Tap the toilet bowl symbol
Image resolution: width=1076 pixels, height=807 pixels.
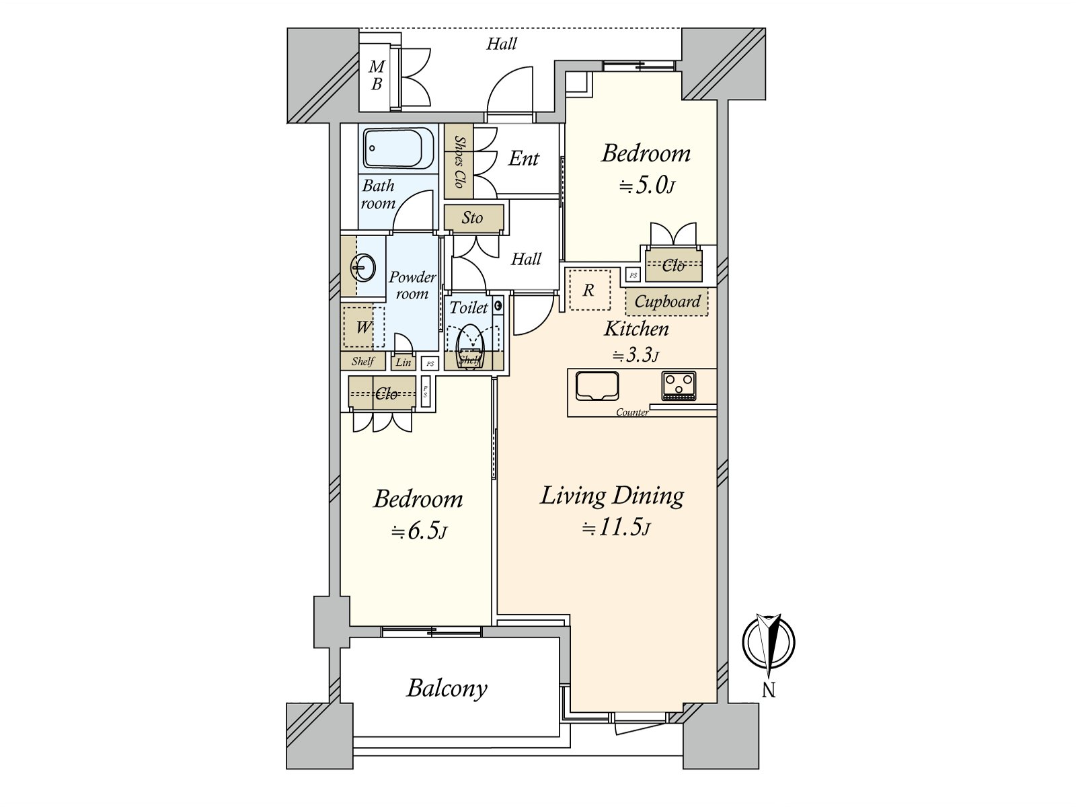(471, 346)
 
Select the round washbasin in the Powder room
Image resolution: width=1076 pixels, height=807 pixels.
(362, 268)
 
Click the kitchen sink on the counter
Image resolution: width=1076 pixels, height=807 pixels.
(597, 385)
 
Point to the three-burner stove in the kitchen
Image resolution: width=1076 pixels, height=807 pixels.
(679, 385)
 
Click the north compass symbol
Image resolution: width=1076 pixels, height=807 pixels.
(768, 642)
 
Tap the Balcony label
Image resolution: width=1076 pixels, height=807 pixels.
(447, 689)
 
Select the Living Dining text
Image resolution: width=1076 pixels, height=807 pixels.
(612, 496)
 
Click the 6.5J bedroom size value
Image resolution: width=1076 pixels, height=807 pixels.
(419, 531)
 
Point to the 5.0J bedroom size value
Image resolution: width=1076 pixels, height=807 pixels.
(647, 186)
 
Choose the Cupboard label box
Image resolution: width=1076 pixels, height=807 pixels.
(666, 301)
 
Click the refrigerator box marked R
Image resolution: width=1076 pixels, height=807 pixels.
(588, 290)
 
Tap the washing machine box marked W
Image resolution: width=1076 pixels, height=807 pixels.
(363, 326)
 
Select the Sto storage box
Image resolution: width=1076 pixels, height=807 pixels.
(473, 217)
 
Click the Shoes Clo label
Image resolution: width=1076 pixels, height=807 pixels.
(459, 161)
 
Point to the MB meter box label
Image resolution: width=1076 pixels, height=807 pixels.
(377, 75)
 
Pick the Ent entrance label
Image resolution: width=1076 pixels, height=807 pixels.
(523, 158)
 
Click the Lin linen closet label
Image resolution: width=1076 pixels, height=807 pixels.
(403, 362)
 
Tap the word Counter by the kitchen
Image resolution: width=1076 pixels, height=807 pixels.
(632, 412)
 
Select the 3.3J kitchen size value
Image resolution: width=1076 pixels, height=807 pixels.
(636, 355)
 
